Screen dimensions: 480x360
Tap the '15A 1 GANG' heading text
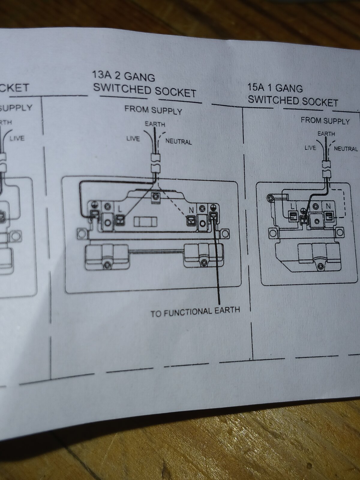coord(275,88)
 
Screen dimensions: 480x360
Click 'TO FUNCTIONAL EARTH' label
coord(195,311)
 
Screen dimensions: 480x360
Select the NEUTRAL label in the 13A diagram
coord(178,141)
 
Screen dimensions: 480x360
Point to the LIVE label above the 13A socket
coord(133,139)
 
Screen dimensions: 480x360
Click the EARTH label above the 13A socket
coord(155,124)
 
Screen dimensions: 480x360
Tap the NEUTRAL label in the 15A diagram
coord(346,148)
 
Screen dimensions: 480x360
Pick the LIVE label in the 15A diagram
coord(310,148)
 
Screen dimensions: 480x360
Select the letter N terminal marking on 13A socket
coord(191,210)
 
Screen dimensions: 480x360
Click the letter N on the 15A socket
coord(328,206)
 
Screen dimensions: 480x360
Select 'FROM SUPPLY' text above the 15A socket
coord(325,121)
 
